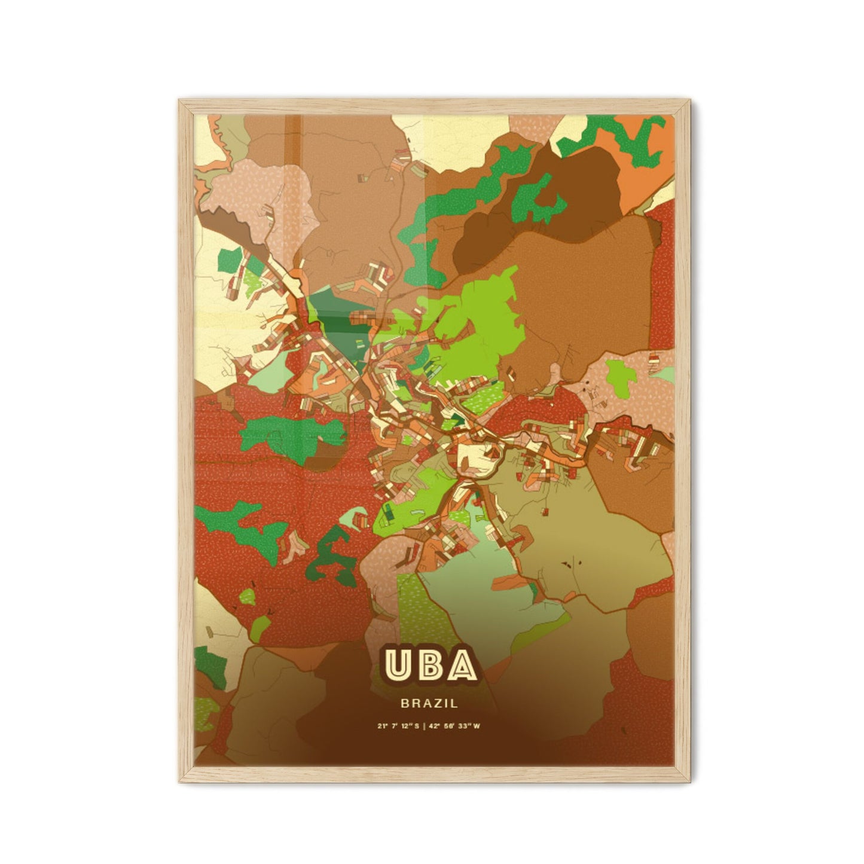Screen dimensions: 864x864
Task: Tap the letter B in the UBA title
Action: pos(431,665)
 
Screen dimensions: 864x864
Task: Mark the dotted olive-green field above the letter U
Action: pos(419,610)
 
